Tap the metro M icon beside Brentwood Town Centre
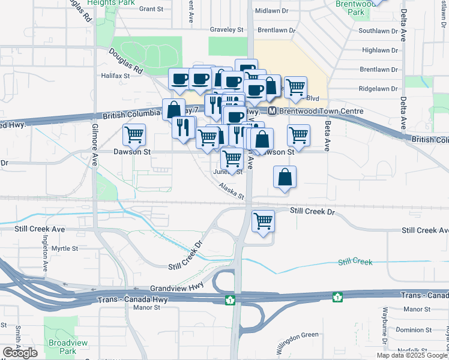pos(272,111)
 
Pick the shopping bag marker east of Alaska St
pos(285,178)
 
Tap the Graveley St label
pos(226,29)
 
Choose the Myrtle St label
pos(64,248)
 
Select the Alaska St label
pos(232,191)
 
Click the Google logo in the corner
pos(20,353)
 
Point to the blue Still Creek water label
pos(355,262)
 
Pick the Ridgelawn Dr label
pos(378,88)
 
